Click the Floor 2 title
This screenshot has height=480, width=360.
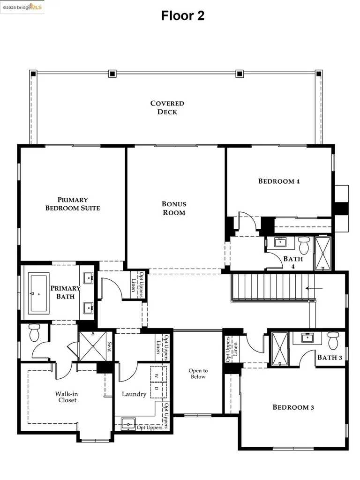tap(183, 15)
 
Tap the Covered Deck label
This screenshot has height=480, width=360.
tap(167, 108)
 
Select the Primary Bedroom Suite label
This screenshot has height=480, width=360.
tap(73, 203)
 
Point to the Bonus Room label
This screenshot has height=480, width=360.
tap(174, 208)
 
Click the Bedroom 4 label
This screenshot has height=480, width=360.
tap(279, 181)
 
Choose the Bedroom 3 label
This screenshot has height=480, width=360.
tap(293, 407)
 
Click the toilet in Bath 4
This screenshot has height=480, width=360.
tap(304, 244)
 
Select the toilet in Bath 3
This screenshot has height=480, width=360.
tap(333, 340)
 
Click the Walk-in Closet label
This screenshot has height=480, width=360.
tap(66, 397)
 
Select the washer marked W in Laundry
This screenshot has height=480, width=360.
tap(157, 375)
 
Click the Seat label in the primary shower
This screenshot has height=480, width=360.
tap(110, 347)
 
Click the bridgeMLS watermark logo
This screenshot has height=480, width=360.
tap(22, 7)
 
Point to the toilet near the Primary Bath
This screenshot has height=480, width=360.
tap(34, 333)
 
